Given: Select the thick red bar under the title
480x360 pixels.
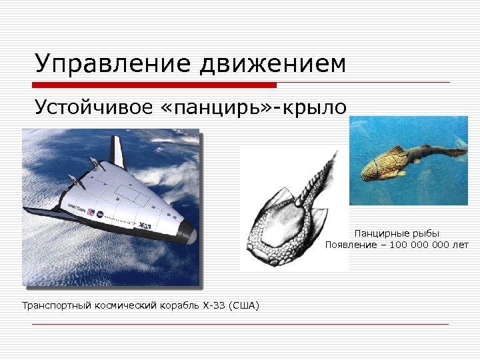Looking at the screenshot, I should point(154,85).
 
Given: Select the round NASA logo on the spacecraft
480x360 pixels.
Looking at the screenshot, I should point(101,215).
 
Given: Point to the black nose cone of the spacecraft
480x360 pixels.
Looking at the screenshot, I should point(189,233).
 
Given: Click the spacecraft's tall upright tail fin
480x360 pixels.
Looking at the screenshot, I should point(117,152).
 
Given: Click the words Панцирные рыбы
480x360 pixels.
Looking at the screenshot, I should point(397,233).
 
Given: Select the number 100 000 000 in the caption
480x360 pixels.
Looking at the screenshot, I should point(420,245).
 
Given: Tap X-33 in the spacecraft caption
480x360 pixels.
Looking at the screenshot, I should point(215,306).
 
